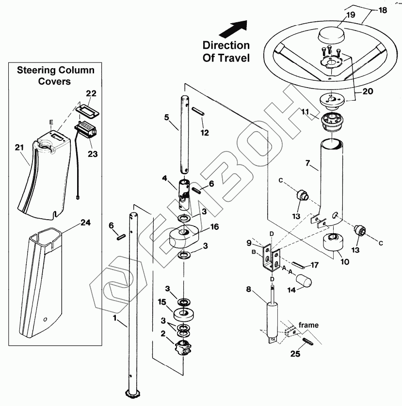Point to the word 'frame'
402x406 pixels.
pos(308,325)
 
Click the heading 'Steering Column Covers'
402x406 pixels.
pos(56,75)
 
